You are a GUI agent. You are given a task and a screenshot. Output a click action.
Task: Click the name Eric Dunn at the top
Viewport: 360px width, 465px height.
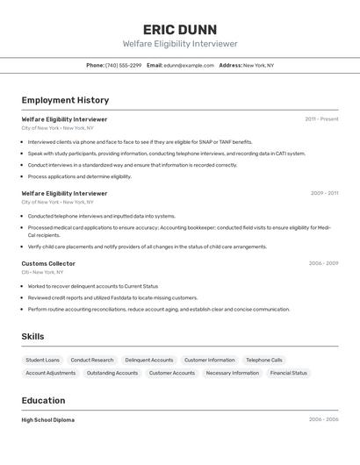[x=180, y=29]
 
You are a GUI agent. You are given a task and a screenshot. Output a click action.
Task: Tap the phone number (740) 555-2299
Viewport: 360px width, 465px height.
[x=123, y=65]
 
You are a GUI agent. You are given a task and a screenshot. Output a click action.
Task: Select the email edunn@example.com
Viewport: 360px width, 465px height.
[x=189, y=65]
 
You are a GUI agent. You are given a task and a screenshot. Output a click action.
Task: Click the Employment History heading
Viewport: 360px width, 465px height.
[x=65, y=100]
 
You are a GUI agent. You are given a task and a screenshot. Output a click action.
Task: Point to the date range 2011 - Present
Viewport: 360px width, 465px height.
[x=321, y=119]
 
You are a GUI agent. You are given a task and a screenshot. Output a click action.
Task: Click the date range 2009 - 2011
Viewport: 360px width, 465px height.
[x=324, y=193]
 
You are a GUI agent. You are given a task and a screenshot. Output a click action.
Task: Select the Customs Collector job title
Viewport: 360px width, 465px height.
[x=48, y=263]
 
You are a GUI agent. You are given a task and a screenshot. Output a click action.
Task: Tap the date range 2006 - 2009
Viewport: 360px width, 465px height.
[x=323, y=263]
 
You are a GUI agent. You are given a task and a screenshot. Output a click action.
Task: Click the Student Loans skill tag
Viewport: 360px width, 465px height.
[x=42, y=360]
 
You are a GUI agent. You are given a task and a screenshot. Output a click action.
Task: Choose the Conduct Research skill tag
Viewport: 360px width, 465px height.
[x=92, y=360]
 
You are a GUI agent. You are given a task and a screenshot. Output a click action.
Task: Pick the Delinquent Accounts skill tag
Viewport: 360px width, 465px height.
[x=149, y=360]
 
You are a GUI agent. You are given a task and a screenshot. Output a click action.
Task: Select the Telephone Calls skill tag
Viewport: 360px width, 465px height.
[x=264, y=360]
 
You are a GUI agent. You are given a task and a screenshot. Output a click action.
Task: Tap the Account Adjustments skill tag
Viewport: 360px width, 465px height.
[x=51, y=373]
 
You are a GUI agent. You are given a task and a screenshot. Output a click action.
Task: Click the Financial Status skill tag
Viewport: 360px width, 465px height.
[x=288, y=373]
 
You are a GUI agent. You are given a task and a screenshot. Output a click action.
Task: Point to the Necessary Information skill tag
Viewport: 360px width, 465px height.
[x=233, y=373]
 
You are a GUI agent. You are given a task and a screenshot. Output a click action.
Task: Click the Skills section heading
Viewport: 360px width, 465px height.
[x=32, y=337]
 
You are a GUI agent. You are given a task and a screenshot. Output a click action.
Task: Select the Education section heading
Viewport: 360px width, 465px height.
[x=42, y=401]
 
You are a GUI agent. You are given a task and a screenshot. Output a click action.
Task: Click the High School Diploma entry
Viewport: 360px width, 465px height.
[x=48, y=420]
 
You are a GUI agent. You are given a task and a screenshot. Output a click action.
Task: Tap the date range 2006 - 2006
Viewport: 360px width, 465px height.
[x=323, y=420]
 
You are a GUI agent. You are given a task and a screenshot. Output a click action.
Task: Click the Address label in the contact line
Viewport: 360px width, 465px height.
[x=230, y=65]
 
